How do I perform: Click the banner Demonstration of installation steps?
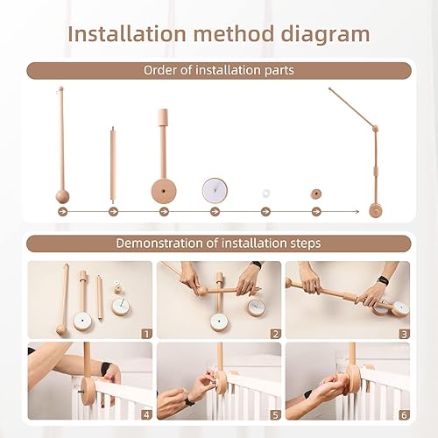pos(218,244)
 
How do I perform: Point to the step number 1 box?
pos(146,333)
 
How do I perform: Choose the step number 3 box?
pos(403,333)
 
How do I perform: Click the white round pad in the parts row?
pos(215,191)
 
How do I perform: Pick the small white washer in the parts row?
pos(265,193)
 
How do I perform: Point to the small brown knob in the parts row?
pos(315,194)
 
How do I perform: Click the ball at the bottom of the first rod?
pos(61,196)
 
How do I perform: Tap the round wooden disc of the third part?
pos(164,190)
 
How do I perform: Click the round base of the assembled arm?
pos(377,209)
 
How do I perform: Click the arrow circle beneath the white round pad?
pos(215,212)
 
